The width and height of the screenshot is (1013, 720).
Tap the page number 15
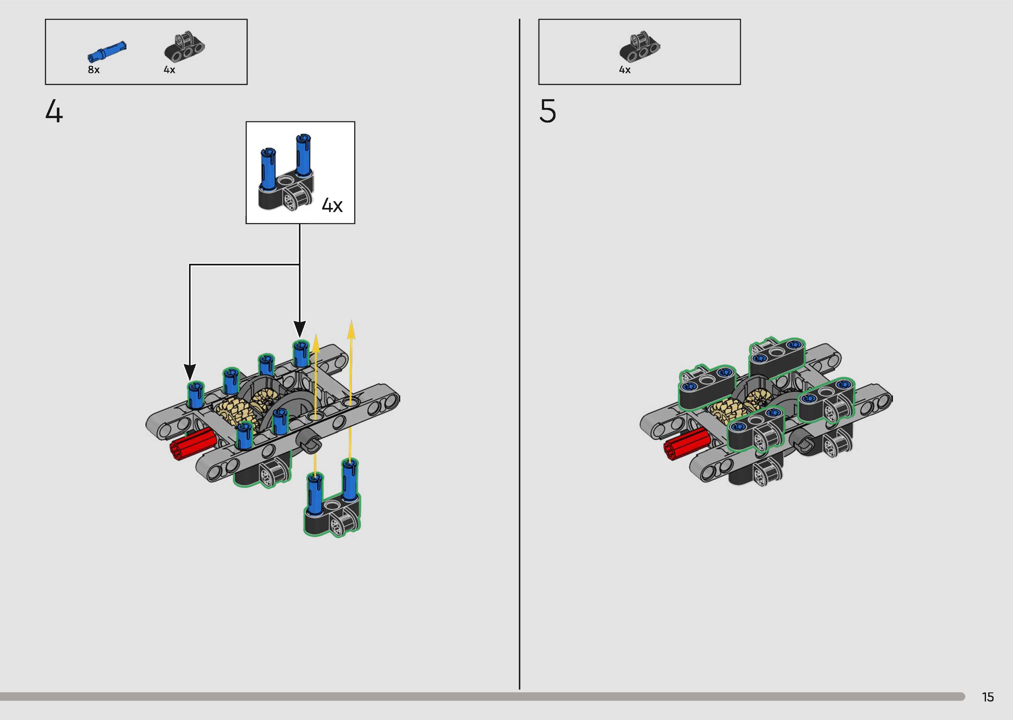coord(988,697)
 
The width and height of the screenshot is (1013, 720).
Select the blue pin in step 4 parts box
coord(107,51)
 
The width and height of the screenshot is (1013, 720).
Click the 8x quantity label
coord(94,70)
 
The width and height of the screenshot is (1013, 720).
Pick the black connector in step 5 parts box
coord(639,47)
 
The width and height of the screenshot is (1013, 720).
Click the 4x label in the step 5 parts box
coord(625,70)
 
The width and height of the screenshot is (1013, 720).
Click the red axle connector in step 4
coord(193,443)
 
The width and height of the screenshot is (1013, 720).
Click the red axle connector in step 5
coord(686,443)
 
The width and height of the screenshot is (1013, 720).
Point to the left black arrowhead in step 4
coord(190,371)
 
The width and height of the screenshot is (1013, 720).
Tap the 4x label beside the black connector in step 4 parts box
coord(169,70)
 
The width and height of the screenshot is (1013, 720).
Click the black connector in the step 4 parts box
coord(184,47)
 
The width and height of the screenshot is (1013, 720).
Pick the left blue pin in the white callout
coord(267,169)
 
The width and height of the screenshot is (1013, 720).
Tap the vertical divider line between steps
coord(519,355)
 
